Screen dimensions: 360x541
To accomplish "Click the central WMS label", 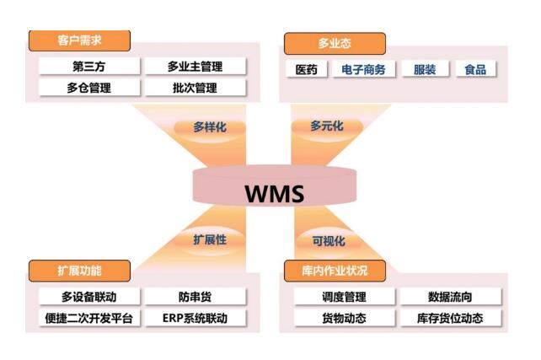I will click(274, 193).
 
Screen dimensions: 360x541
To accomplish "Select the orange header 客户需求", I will click(80, 40).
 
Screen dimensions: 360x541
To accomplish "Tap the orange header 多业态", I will click(335, 44).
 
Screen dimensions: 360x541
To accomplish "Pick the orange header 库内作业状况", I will click(335, 271).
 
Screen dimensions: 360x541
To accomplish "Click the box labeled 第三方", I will click(88, 66).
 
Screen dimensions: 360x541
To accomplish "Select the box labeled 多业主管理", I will click(195, 66).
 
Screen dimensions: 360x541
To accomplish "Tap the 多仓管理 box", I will click(88, 87).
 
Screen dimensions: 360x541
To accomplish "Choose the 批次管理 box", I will click(195, 87).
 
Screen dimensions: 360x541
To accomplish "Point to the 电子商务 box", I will click(364, 69).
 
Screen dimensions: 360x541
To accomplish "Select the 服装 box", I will click(425, 69).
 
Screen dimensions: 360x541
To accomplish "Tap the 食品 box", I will click(475, 69).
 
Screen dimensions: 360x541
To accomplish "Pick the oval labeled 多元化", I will click(327, 126).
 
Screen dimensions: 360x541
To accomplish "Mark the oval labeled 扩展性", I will click(209, 239).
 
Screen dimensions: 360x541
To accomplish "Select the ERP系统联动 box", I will click(195, 318).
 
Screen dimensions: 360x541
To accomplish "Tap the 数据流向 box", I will click(450, 297).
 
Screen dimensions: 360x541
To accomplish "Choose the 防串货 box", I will click(195, 297).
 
